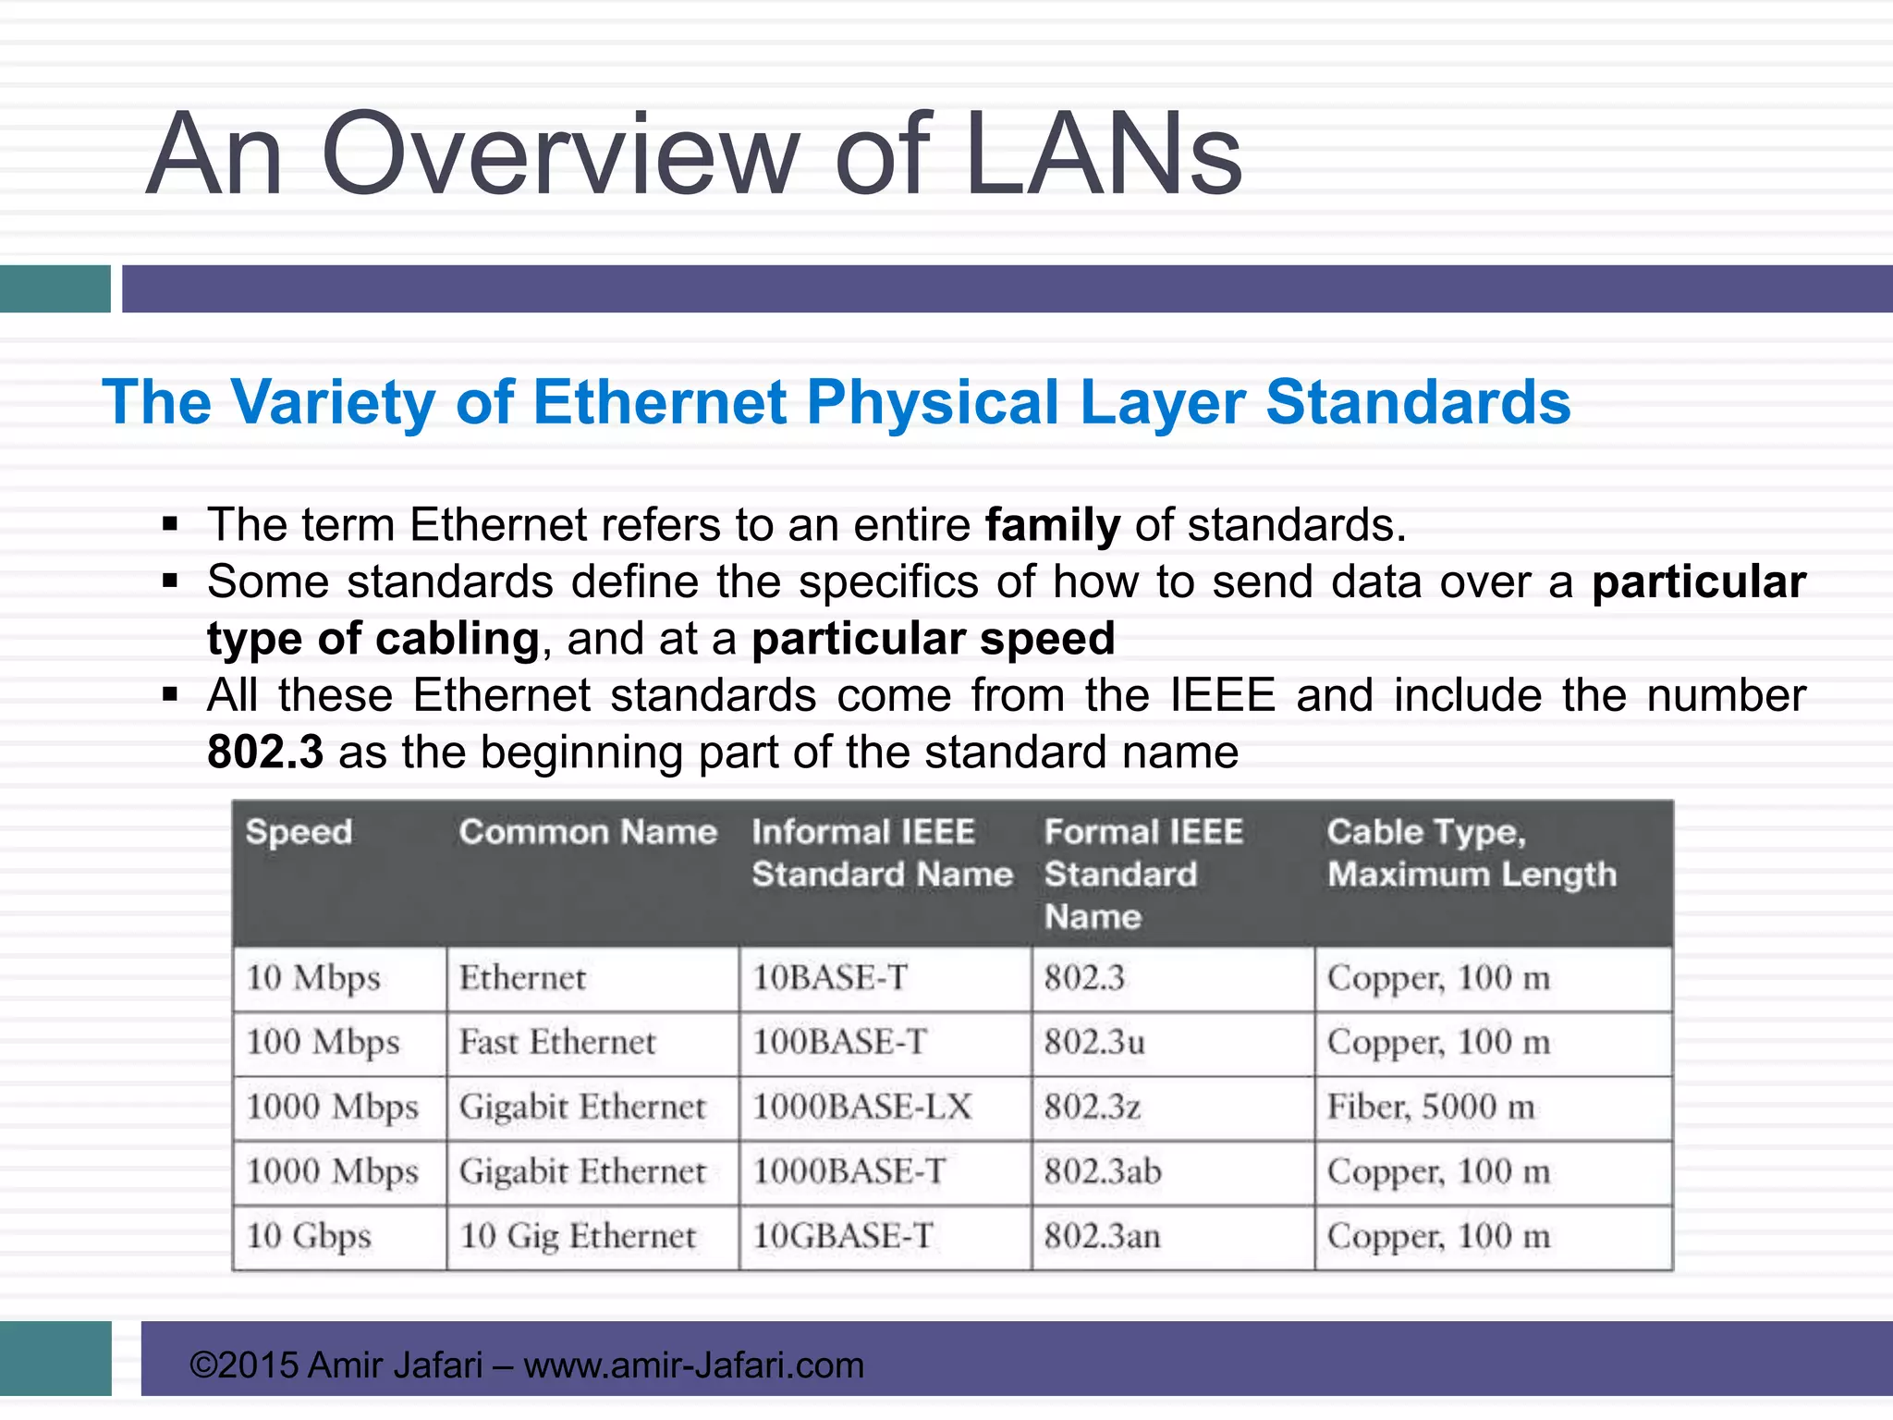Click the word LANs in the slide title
pos(1103,155)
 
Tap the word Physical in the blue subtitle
pos(932,403)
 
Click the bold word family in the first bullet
pos(1052,525)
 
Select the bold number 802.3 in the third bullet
pos(265,752)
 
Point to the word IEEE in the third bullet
pos(1222,695)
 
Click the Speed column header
pos(299,832)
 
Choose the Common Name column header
pos(588,832)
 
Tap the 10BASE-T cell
pos(830,978)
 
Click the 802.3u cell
pos(1094,1043)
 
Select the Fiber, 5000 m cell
pos(1431,1107)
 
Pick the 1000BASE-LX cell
pos(861,1107)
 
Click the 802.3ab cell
pos(1103,1171)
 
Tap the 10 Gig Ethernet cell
pos(578,1236)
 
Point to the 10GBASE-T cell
pos(843,1236)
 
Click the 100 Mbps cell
pos(323,1043)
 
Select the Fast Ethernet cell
pos(557,1043)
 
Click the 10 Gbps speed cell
pos(309,1236)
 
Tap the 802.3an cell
pos(1102,1236)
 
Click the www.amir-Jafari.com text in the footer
pos(693,1365)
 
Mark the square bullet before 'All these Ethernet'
pos(169,694)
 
